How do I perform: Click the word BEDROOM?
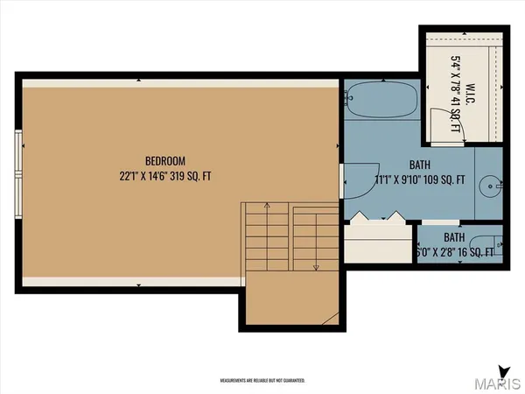coord(165,161)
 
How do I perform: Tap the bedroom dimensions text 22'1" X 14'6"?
coord(149,176)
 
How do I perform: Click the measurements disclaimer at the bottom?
coord(262,381)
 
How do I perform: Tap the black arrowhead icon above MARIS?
coord(501,369)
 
